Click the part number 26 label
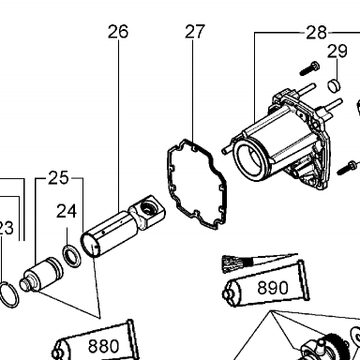118,32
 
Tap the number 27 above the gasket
195,32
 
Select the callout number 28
317,33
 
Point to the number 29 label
337,52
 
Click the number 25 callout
58,178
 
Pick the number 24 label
67,212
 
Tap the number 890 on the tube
273,288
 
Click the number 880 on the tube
103,346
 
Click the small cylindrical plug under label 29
334,85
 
